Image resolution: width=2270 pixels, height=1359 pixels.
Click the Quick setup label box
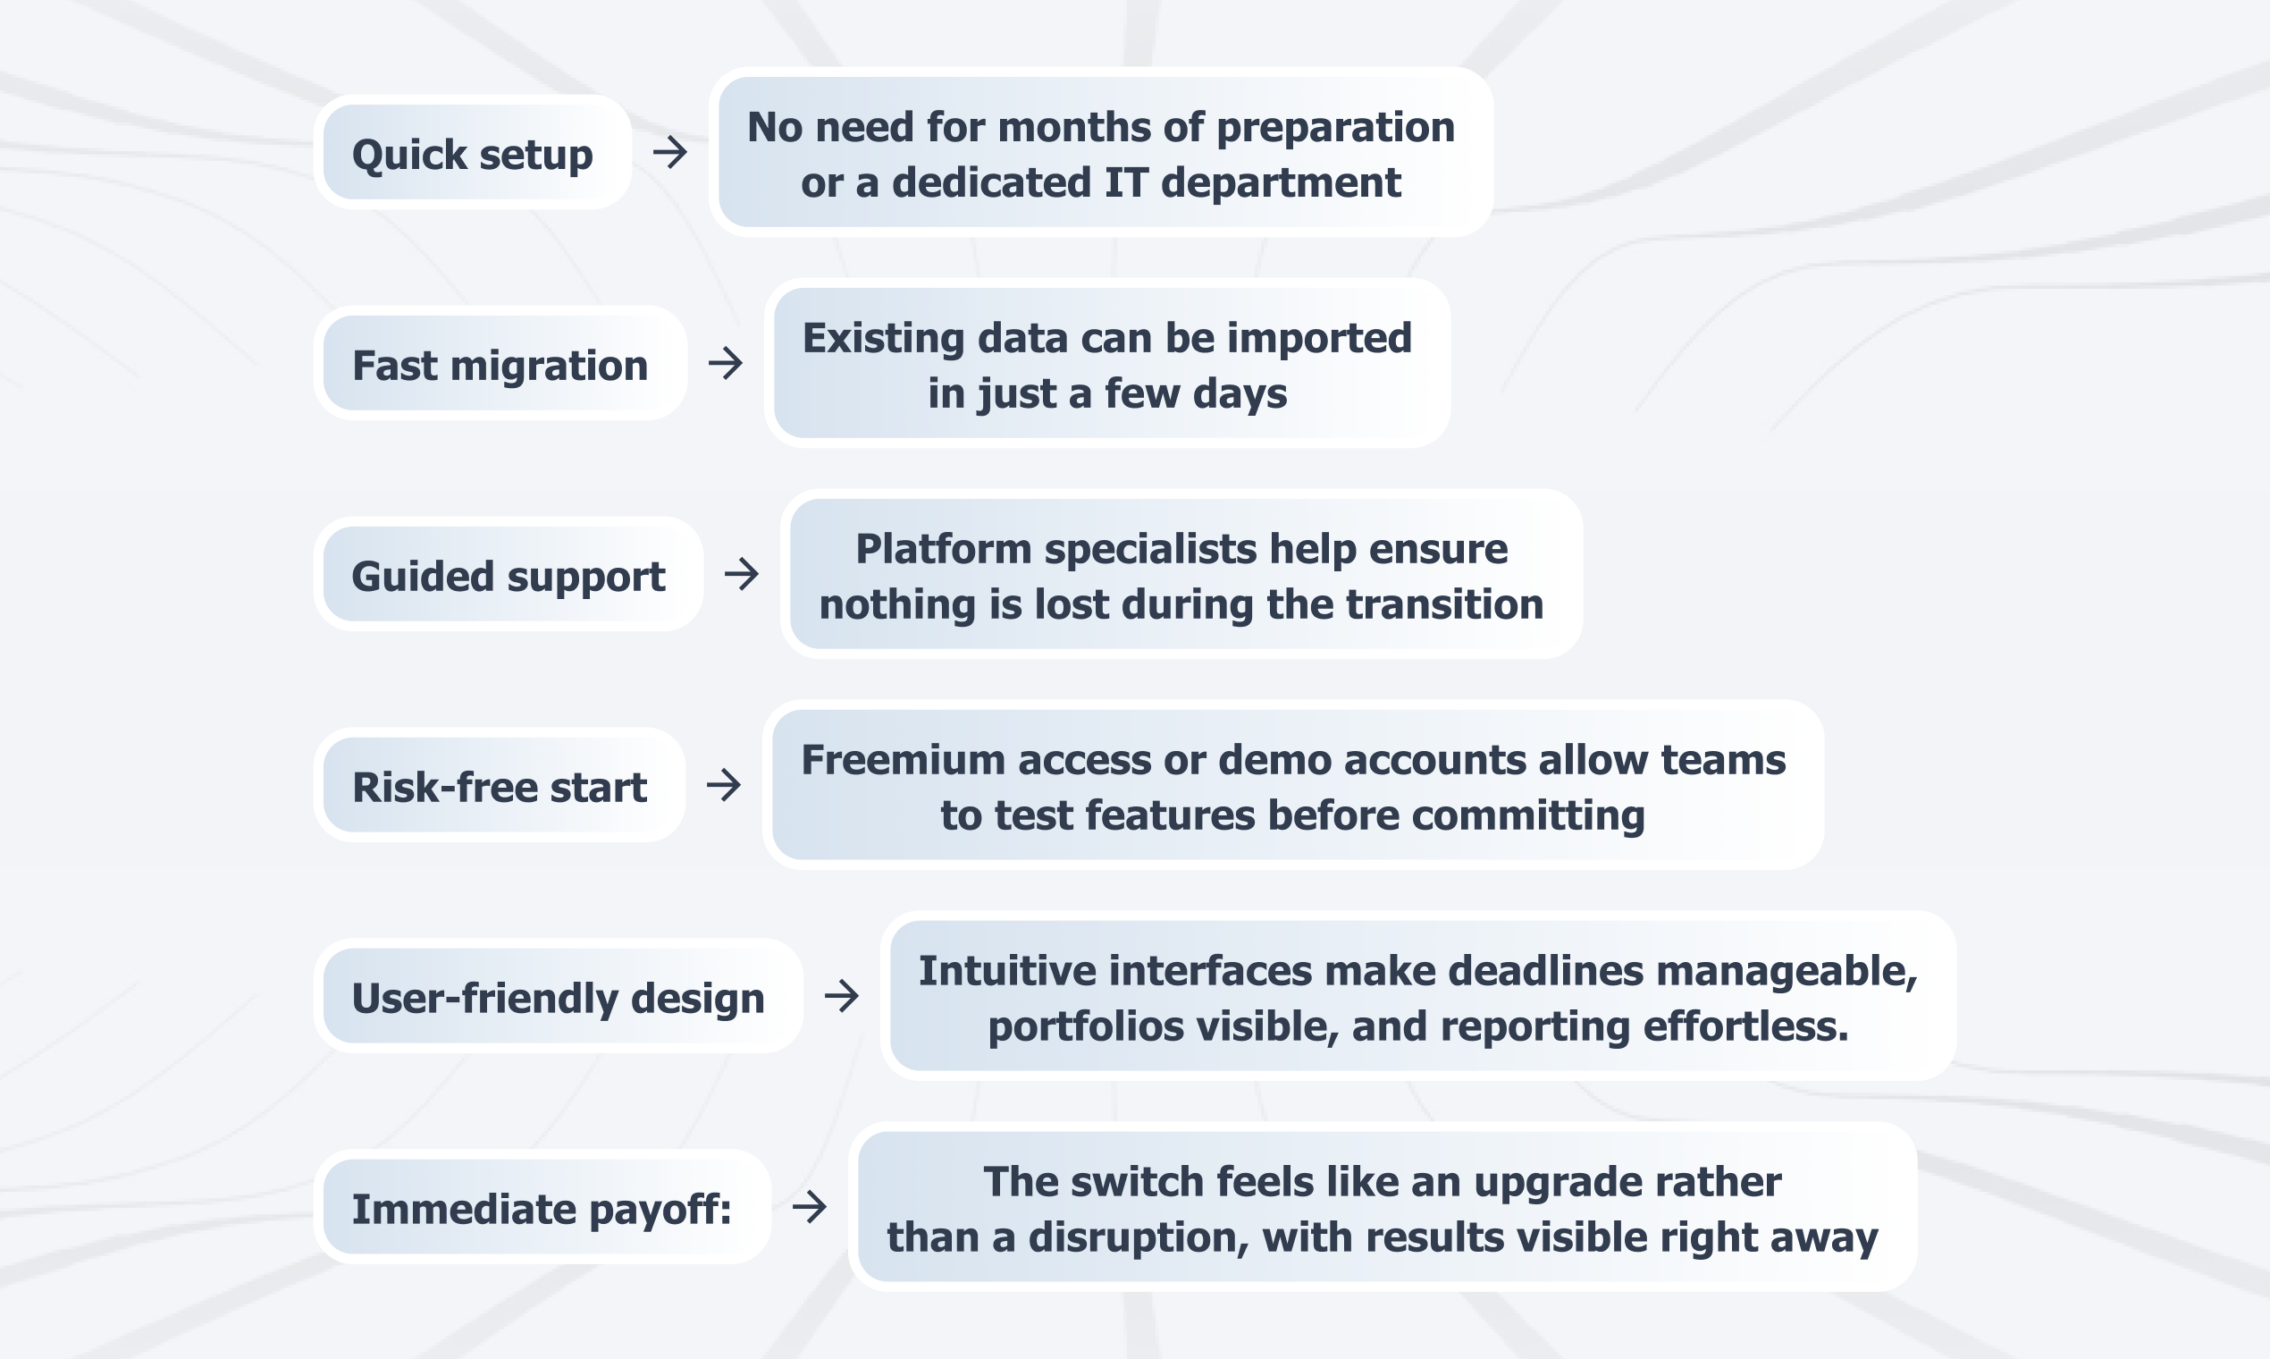click(x=472, y=152)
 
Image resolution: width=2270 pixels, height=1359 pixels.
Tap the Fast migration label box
click(x=500, y=363)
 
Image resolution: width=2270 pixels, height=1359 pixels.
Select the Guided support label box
click(x=508, y=574)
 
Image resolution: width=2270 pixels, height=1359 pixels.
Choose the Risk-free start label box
click(x=500, y=785)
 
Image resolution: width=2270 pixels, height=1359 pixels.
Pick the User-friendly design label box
click(x=559, y=995)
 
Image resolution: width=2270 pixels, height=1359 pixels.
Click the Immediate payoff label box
click(x=542, y=1207)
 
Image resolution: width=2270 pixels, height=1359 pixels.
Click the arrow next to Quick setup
click(x=670, y=152)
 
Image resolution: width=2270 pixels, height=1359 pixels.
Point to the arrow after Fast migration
click(x=726, y=363)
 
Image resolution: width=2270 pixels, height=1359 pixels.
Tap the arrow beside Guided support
click(x=742, y=574)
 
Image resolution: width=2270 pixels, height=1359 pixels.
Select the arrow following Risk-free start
click(x=724, y=785)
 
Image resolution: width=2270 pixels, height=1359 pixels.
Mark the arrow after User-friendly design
click(x=842, y=995)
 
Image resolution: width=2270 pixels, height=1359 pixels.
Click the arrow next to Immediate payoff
click(x=810, y=1207)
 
